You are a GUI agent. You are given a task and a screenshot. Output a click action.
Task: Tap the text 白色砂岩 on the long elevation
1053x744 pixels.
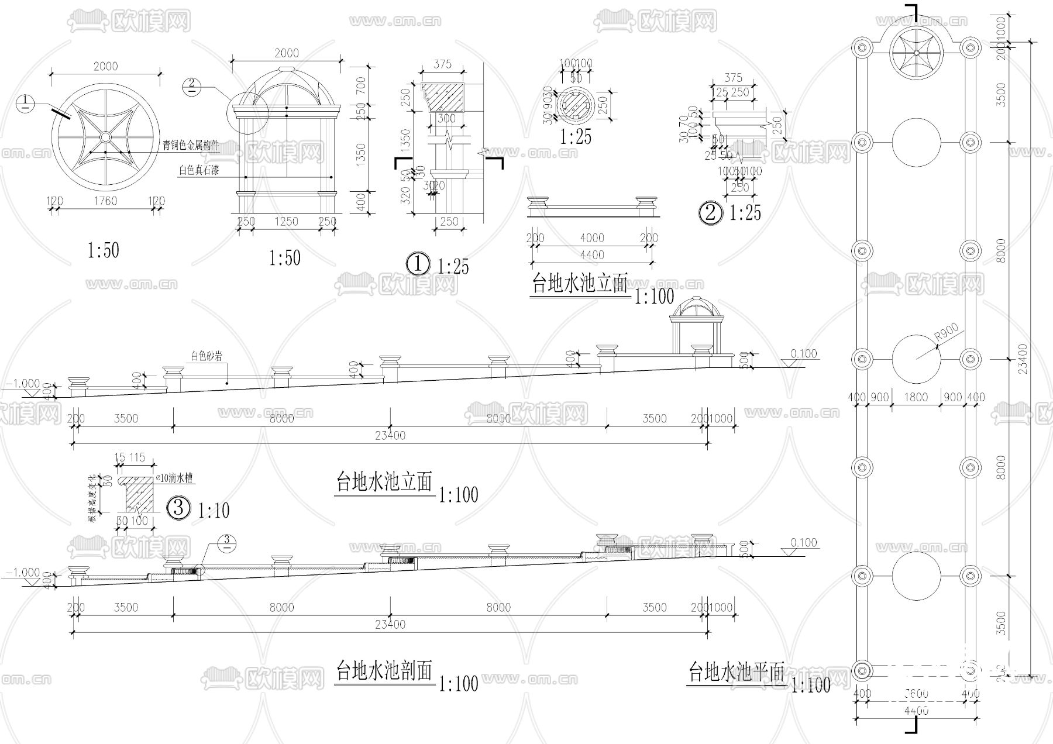[x=207, y=356]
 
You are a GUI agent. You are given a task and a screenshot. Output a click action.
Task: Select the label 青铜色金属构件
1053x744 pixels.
[x=191, y=146]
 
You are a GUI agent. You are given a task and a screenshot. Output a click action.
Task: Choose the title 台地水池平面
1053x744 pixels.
[x=736, y=673]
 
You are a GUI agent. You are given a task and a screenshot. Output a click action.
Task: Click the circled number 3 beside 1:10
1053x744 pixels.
[x=180, y=508]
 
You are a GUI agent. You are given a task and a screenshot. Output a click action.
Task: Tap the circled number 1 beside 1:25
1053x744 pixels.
[x=418, y=264]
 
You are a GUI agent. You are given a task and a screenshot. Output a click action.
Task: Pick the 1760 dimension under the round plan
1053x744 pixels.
[x=105, y=201]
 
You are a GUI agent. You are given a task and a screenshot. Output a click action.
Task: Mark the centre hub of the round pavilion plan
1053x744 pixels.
[x=105, y=137]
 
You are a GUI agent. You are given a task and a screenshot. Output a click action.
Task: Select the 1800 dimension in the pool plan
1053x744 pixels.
[x=916, y=397]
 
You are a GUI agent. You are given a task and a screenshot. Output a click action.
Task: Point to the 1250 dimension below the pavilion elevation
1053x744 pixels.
[x=286, y=222]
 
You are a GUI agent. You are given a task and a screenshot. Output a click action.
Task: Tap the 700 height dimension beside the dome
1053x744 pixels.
[x=361, y=87]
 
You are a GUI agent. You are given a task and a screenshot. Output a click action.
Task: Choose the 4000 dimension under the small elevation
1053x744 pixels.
[x=592, y=238]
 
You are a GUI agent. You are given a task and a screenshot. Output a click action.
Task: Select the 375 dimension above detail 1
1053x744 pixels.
[x=443, y=65]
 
